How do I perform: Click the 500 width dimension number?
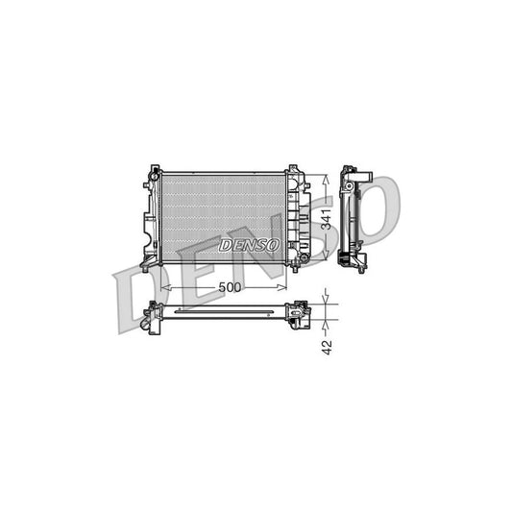229,286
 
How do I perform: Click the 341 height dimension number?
327,218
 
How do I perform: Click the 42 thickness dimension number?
328,347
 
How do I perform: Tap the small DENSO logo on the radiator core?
250,245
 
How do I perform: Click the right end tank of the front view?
297,218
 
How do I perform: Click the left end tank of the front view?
151,218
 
